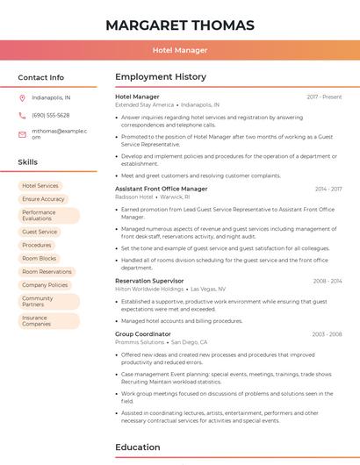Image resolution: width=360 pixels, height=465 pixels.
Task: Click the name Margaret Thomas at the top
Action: tap(179, 25)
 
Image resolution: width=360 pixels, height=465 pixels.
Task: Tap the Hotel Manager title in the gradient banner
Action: tap(179, 50)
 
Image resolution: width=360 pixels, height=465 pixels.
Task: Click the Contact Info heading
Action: tap(40, 77)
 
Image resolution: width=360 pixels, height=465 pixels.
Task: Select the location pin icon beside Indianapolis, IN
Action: tap(22, 97)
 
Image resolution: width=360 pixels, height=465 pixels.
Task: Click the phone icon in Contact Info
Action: tap(22, 115)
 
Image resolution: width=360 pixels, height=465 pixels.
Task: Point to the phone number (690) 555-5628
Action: tap(50, 115)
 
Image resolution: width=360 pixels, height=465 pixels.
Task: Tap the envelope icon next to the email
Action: tap(22, 134)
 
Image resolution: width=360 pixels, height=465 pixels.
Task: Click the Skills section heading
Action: tap(28, 162)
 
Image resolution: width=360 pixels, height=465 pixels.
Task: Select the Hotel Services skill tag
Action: tap(40, 186)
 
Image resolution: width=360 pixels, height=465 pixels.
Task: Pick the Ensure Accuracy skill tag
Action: tap(43, 199)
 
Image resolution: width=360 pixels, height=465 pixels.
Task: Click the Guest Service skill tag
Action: tap(40, 232)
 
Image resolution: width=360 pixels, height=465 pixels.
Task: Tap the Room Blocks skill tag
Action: tap(39, 259)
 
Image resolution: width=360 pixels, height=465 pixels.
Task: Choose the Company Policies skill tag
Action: tap(45, 285)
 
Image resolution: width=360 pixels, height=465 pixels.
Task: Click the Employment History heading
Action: tap(161, 77)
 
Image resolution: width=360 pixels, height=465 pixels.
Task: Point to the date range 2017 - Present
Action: tap(324, 97)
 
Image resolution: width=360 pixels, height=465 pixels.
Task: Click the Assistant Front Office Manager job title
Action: tap(162, 189)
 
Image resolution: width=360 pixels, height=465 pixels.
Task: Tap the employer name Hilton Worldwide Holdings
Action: tap(149, 289)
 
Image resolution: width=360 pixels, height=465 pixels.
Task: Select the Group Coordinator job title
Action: tap(143, 334)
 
